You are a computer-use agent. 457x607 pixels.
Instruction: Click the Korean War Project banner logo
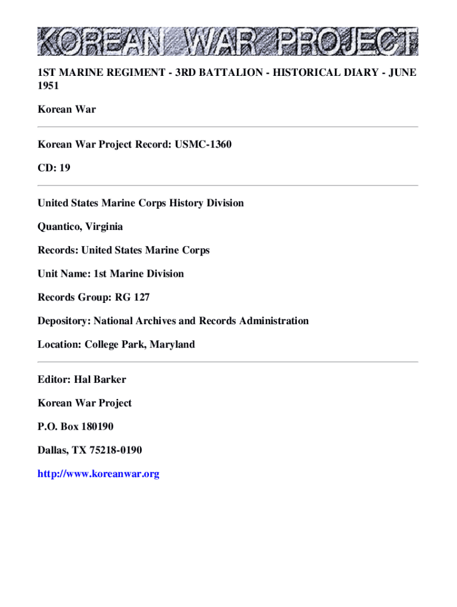228,41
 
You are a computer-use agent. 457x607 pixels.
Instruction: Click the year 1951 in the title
49,85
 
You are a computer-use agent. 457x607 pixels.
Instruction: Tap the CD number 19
65,168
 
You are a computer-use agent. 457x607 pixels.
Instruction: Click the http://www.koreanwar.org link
99,474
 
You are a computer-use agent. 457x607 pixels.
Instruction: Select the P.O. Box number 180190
94,426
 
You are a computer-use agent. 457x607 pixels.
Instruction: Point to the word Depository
62,321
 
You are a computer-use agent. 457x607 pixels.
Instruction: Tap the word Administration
274,321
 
